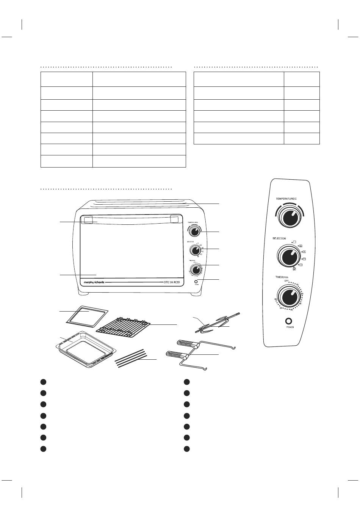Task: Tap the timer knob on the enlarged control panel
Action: click(x=289, y=296)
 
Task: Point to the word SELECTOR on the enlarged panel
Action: click(x=279, y=239)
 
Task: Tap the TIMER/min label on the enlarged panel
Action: click(x=282, y=278)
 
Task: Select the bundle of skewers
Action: click(x=131, y=358)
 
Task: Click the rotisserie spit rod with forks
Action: click(x=218, y=324)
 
